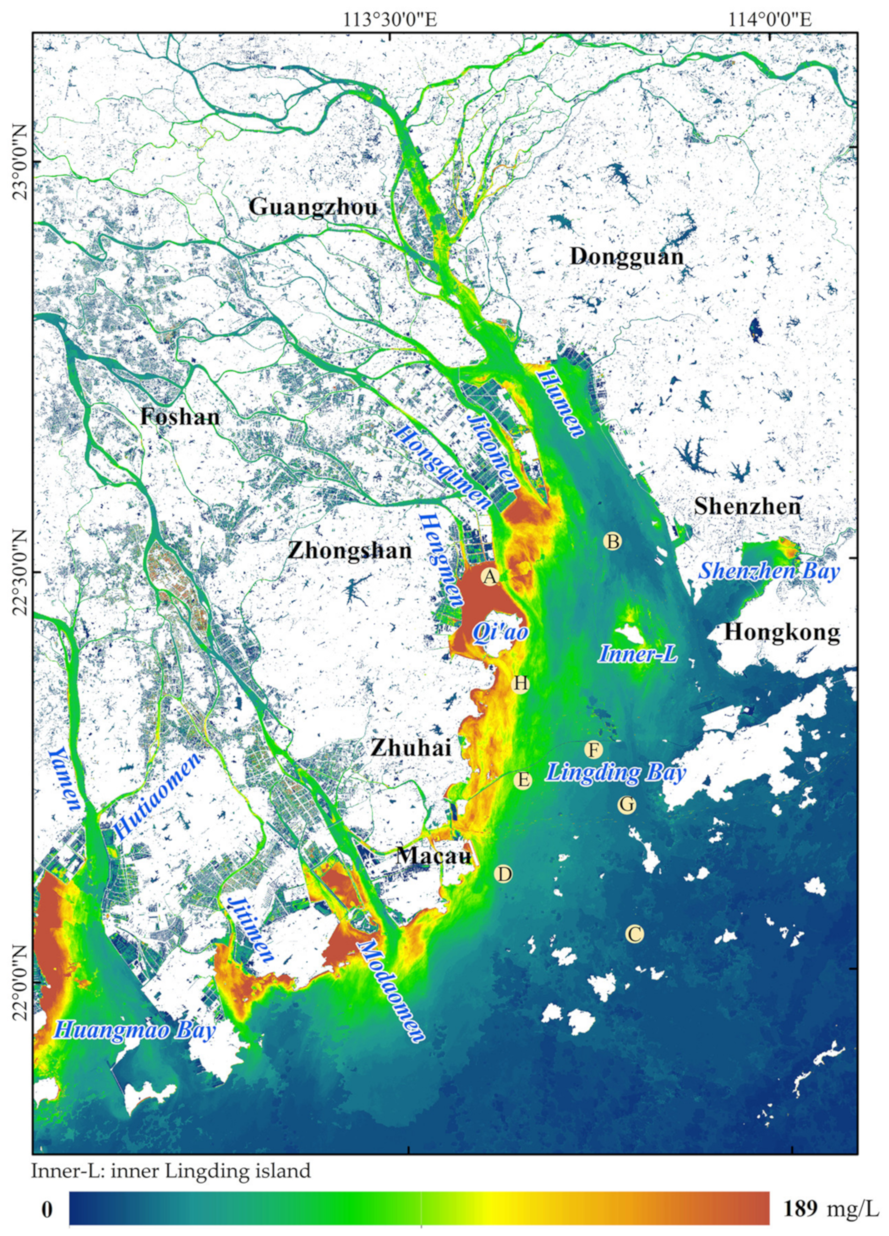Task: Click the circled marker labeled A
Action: [x=490, y=577]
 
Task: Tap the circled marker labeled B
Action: [x=612, y=542]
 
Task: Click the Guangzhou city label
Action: [x=313, y=208]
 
